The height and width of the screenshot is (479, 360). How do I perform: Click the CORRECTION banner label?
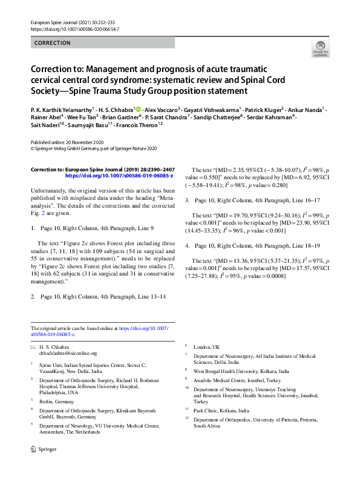coord(53,43)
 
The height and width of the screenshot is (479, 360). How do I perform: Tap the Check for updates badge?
coord(320,49)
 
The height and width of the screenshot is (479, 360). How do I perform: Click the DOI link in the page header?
coord(74,29)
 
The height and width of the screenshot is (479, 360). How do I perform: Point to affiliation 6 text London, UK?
coord(206,346)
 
